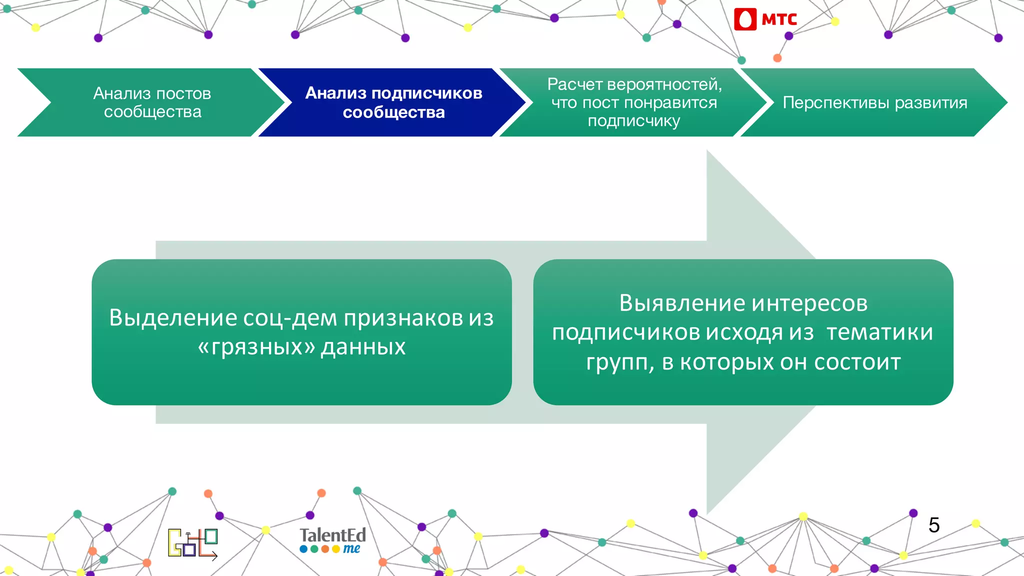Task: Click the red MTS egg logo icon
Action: pos(745,19)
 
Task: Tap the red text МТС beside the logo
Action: pos(779,19)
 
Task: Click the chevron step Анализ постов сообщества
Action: pos(152,102)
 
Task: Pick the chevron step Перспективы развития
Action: pos(874,102)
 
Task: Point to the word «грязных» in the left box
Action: pos(256,347)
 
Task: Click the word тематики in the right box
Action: pos(879,332)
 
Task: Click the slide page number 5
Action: pos(933,525)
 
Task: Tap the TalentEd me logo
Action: pos(332,540)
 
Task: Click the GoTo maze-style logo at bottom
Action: pos(192,543)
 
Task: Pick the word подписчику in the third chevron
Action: pos(633,121)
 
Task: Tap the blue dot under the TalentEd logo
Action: pos(303,549)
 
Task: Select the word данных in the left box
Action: pos(363,347)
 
